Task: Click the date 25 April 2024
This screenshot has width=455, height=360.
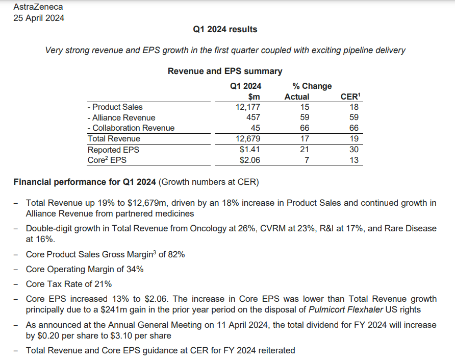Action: click(x=39, y=18)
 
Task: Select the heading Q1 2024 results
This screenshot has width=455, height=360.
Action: click(x=225, y=29)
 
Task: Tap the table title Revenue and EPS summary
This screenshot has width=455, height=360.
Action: click(x=225, y=71)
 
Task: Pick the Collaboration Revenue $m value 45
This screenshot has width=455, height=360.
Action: click(x=255, y=128)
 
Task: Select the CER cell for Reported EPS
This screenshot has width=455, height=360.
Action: click(x=354, y=150)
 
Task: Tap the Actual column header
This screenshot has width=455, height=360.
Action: click(x=297, y=97)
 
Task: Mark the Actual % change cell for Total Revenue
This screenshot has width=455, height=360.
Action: click(x=305, y=139)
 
